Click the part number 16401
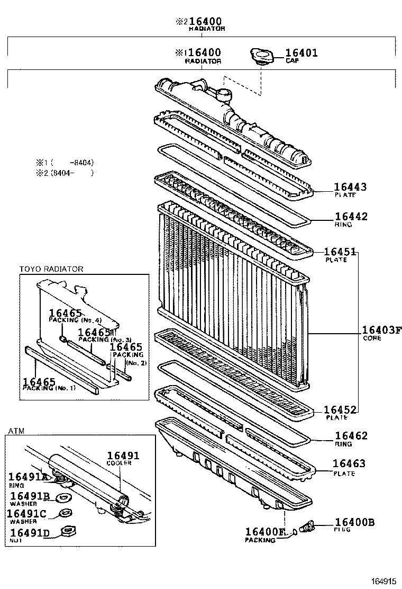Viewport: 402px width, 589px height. coord(301,53)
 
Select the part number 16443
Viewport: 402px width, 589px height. coord(350,187)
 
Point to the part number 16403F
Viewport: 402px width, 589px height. coord(382,331)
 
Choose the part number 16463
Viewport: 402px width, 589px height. coord(349,464)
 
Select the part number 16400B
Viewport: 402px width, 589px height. coord(354,523)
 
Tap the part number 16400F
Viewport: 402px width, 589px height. coord(265,532)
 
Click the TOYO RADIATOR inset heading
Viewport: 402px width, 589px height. coord(51,269)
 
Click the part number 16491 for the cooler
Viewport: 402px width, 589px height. coord(123,456)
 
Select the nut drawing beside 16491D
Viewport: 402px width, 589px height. coord(67,531)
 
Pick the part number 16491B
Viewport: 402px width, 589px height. coord(30,496)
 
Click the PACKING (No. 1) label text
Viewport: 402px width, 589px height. coord(49,388)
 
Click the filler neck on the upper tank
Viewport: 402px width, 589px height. coord(224,95)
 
